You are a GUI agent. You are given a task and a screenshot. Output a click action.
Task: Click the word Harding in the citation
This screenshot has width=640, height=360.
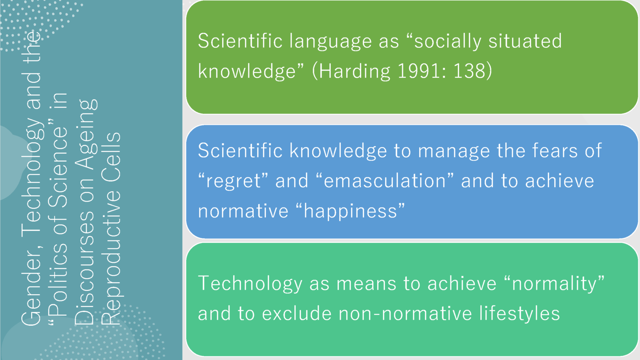[354, 71]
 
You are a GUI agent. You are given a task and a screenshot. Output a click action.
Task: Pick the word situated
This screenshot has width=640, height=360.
[525, 41]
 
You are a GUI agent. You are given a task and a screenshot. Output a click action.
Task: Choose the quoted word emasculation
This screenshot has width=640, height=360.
[385, 180]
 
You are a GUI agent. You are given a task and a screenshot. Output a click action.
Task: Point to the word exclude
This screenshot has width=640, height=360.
[297, 313]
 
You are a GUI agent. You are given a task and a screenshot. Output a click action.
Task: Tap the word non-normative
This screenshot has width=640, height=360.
[405, 314]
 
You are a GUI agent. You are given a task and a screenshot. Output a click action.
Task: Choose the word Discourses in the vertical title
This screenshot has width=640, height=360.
[85, 269]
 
